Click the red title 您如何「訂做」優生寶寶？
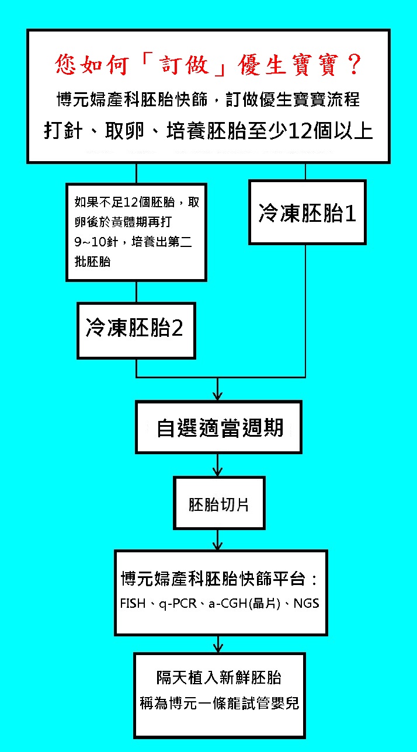(x=208, y=64)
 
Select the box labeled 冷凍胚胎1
(x=307, y=213)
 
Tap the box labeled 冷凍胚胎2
(x=135, y=329)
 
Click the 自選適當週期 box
(x=219, y=427)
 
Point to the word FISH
(x=132, y=603)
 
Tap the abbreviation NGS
(x=307, y=603)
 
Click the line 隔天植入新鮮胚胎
(x=219, y=677)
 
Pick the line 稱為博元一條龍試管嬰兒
(x=219, y=702)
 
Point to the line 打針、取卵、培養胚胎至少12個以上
(x=208, y=130)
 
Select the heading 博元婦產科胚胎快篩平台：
(x=219, y=580)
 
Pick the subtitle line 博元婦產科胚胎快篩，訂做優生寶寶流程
(x=208, y=99)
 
